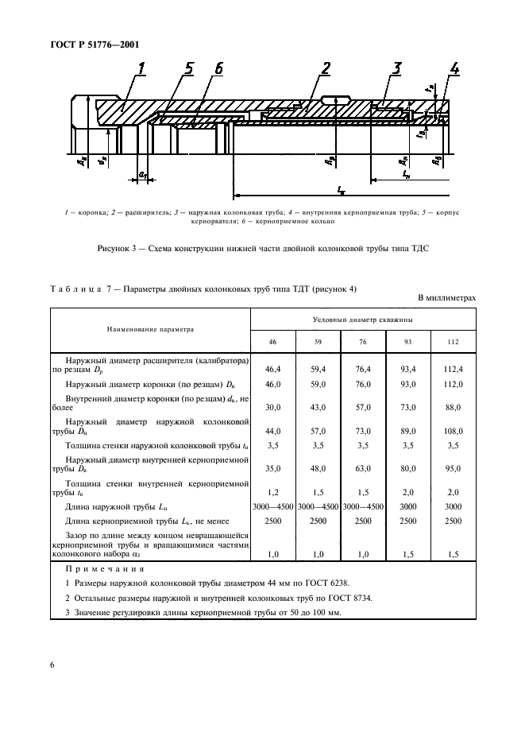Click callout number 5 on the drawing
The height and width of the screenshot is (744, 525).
187,69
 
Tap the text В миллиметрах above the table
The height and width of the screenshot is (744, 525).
446,297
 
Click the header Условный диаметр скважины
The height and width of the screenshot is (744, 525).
364,319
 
